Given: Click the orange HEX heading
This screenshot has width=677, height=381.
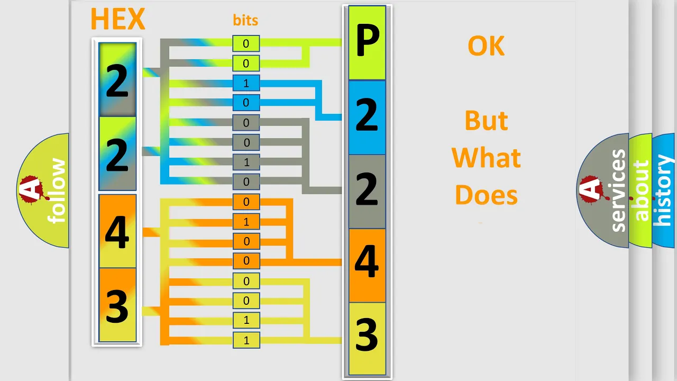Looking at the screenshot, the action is [118, 19].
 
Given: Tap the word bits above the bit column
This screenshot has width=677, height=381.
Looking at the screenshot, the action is [245, 20].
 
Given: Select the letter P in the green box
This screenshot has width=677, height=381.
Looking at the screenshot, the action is [367, 41].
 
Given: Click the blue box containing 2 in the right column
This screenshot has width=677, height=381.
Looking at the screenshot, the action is [367, 117].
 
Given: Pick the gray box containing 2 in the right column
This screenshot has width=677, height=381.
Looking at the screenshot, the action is [367, 192].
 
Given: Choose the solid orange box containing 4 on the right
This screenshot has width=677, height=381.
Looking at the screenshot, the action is [367, 265].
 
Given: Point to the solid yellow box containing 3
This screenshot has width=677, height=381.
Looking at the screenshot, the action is [367, 339].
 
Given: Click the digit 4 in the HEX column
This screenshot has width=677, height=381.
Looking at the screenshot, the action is [117, 232].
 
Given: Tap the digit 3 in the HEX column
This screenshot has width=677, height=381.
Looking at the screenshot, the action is [117, 306].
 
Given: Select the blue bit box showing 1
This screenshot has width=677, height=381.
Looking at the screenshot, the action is [246, 83].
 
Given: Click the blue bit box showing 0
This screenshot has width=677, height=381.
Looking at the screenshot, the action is [246, 103].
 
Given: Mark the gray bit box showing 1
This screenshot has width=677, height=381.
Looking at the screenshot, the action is [246, 162].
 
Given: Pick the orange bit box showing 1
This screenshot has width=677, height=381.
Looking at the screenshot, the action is [246, 222].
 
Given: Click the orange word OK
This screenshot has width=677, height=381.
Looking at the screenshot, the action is [486, 46].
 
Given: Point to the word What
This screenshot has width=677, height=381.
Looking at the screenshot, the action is [486, 158].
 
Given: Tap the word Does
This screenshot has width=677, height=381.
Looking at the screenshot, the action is [486, 195].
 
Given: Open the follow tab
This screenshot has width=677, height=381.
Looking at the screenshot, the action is [43, 190].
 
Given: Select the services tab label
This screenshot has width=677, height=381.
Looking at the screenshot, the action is [618, 190].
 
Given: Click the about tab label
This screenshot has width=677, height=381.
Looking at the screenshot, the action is [642, 190].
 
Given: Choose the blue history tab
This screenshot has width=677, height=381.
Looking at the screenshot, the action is [664, 190].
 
